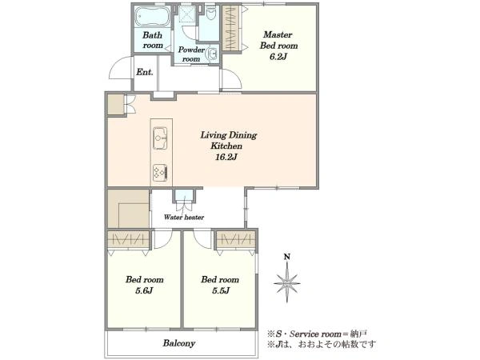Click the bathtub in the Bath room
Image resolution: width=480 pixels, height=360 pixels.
152,17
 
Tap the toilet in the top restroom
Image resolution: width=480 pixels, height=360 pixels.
211,12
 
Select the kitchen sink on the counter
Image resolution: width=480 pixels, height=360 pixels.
160,138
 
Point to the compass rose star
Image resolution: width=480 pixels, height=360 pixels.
287,283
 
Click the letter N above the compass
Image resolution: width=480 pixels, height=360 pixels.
287,257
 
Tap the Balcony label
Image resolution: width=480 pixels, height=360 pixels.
179,343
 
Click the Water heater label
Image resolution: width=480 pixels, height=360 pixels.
184,218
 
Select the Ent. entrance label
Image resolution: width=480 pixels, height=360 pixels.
145,72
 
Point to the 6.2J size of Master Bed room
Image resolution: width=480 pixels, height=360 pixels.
278,57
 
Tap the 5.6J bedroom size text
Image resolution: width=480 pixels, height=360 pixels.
144,290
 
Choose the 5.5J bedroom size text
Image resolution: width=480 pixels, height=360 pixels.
221,290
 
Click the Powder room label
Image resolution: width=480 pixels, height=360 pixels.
191,54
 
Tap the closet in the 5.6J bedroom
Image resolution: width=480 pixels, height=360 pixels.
129,239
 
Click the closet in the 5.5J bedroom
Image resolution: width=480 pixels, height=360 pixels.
236,239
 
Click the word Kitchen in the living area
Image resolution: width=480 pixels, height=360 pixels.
226,146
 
